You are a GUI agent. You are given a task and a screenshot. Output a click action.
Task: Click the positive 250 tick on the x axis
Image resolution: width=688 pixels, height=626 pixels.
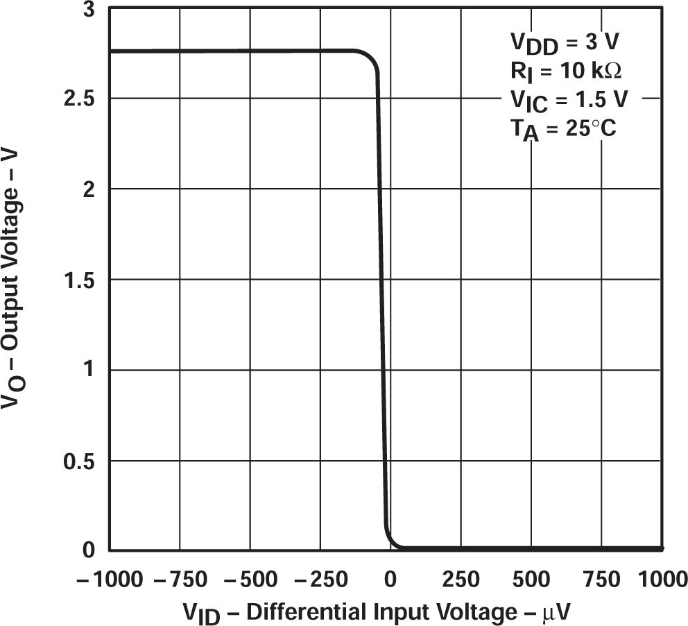(461, 579)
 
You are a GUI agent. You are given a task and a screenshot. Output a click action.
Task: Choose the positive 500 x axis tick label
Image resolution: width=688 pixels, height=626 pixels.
(531, 579)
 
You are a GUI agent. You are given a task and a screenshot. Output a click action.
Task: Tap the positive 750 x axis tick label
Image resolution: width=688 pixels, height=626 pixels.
(601, 579)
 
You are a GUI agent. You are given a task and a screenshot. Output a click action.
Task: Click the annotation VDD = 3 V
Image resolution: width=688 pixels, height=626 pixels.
(565, 44)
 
